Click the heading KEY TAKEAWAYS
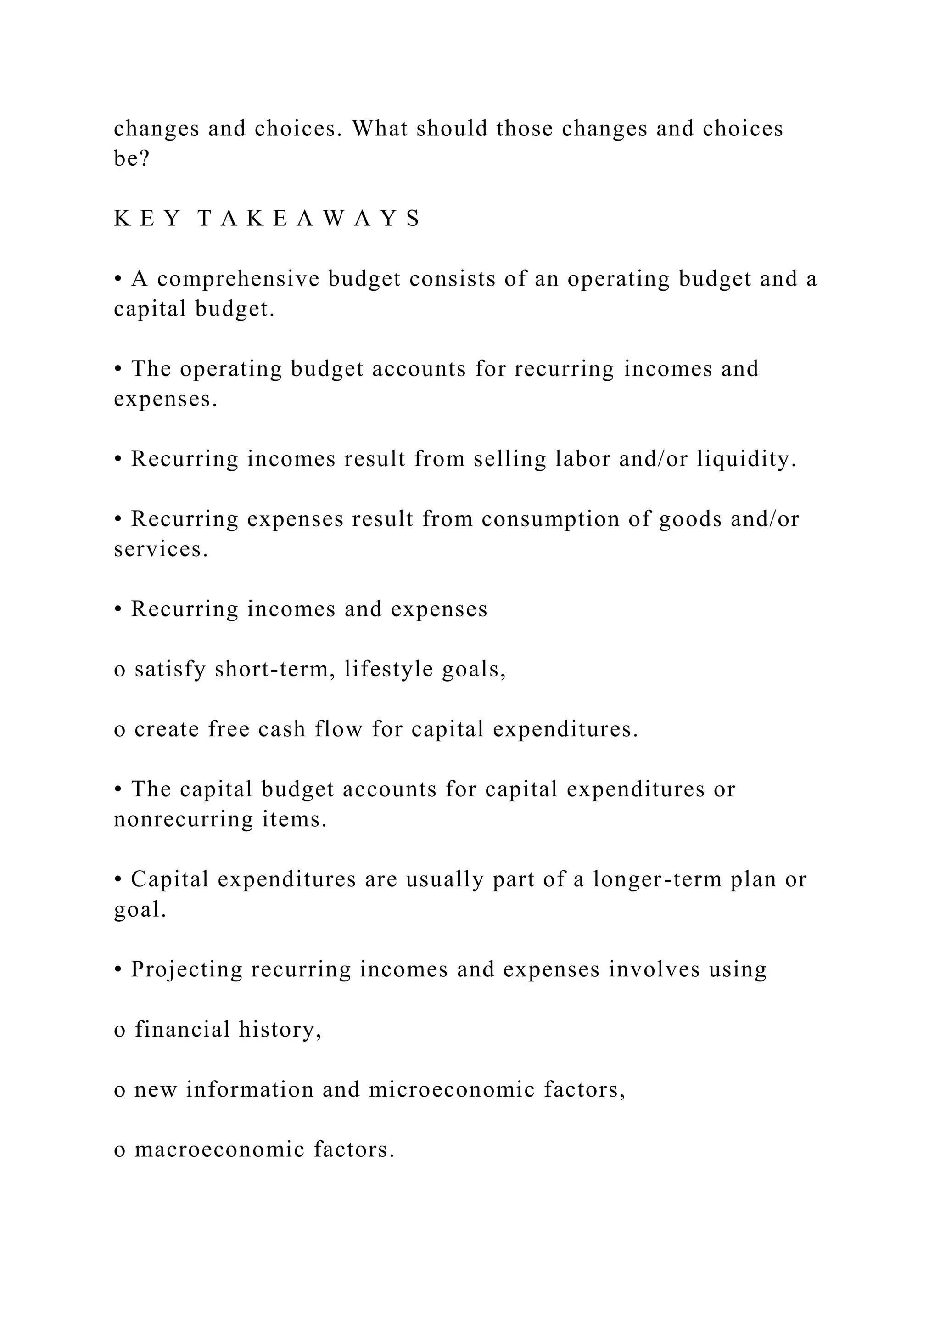[x=268, y=219]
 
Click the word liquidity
[x=746, y=459]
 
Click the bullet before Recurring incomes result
[x=118, y=459]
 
